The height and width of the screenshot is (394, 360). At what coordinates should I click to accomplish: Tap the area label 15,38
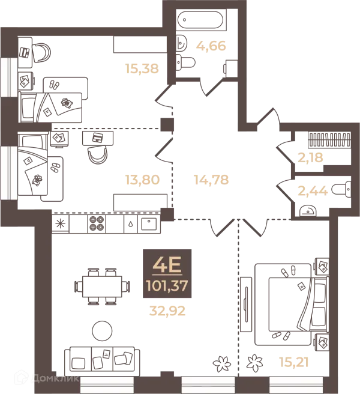(142, 68)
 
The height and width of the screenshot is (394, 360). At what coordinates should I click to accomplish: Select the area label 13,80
(142, 180)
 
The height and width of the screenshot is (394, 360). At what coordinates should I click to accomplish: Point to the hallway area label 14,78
(211, 180)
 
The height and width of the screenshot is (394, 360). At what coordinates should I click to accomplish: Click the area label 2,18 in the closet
(310, 158)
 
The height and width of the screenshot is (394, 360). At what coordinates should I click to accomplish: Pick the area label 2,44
(313, 191)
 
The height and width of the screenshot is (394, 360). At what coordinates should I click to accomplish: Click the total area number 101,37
(167, 286)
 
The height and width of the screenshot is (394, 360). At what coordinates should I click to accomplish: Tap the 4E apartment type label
(167, 265)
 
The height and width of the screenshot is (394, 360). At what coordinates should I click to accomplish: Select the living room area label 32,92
(167, 311)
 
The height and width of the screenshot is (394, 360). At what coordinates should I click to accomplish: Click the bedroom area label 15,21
(294, 363)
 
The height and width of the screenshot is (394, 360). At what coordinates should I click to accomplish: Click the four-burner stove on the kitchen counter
(97, 223)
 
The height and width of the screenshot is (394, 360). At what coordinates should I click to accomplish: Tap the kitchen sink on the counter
(149, 224)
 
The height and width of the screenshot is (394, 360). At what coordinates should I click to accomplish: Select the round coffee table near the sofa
(102, 331)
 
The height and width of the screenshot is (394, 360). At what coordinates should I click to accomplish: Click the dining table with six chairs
(102, 286)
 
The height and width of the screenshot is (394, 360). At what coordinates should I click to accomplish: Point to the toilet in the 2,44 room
(341, 189)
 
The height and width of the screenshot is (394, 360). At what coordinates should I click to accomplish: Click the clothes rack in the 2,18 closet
(329, 140)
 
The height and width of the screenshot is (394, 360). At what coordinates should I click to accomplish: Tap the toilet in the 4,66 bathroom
(185, 62)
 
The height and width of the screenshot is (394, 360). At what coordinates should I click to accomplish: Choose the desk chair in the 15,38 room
(41, 53)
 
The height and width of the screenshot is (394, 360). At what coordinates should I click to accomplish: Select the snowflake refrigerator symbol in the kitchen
(60, 223)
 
